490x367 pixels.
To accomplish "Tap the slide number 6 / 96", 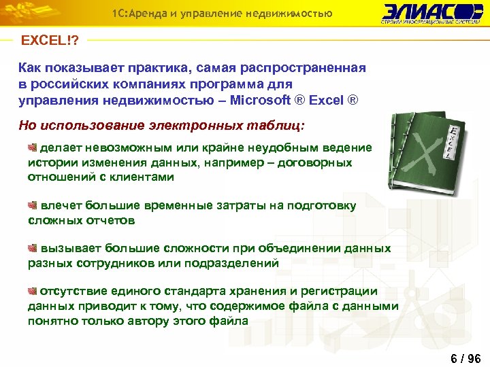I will coord(465,358).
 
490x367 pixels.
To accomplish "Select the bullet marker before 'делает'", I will coord(32,147).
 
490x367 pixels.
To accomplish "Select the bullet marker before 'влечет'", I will coord(32,205).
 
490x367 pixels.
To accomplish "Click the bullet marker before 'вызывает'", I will coord(32,248).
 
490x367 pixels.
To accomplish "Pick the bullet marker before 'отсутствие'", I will coord(32,291).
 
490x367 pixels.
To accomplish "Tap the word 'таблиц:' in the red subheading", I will coord(278,126).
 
